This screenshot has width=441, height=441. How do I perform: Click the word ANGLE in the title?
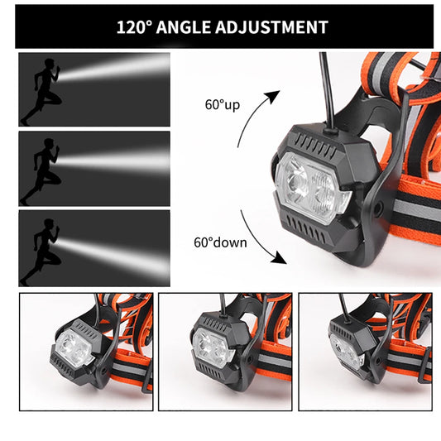pos(184,27)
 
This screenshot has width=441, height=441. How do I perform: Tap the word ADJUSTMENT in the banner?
pos(271,27)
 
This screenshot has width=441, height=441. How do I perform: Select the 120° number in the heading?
pos(134,27)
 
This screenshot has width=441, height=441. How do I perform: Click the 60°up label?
pos(223,105)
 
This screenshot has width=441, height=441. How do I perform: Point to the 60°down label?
pos(220,242)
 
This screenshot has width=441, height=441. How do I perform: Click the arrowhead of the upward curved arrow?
pos(274,96)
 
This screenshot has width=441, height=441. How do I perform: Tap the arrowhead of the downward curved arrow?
pos(280,258)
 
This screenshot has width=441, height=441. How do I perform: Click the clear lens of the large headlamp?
pos(313,187)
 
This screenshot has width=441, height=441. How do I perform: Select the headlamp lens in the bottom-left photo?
pos(74,348)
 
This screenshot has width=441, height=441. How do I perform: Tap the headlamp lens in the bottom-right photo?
pos(347,352)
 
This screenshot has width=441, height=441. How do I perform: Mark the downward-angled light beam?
pos(113,256)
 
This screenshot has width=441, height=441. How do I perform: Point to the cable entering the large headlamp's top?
pos(328,93)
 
